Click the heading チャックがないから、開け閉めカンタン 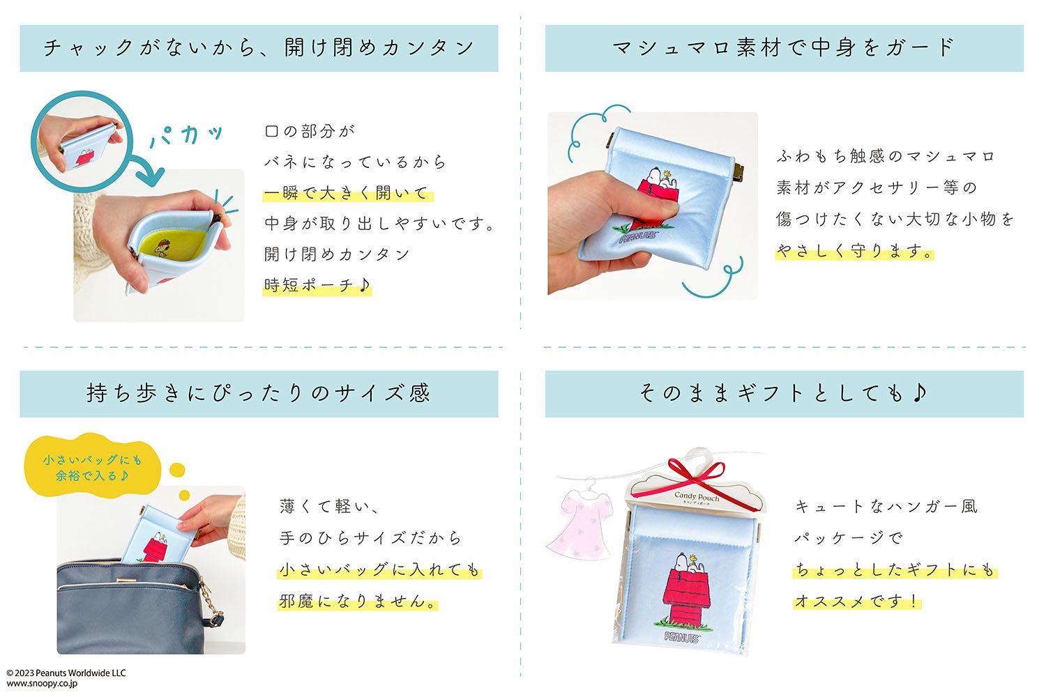259,48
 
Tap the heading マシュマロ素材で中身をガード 784,47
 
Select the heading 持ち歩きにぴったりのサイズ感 258,393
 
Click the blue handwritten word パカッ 186,135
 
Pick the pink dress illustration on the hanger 579,523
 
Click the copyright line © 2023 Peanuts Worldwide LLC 66,673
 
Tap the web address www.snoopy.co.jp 42,684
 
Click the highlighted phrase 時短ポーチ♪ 317,285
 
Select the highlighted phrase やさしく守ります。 854,251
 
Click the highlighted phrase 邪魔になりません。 358,601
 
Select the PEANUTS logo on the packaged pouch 682,637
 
